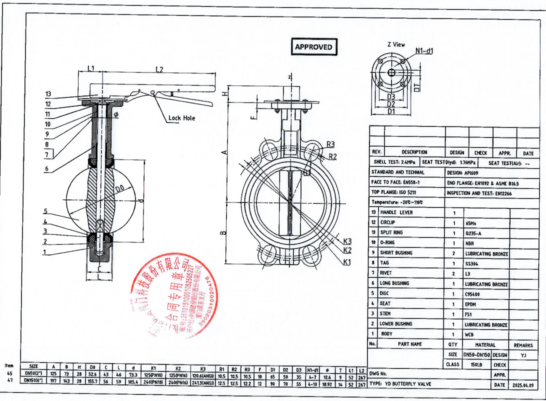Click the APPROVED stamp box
pos(313,47)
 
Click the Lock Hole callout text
pos(181,118)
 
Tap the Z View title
pos(396,44)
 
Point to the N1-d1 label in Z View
pos(424,51)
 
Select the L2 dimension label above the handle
pos(159,69)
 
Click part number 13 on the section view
pos(48,94)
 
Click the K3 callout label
pos(347,241)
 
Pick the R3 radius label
pos(330,144)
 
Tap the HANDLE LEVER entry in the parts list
pos(396,212)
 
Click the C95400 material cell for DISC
pos(472,293)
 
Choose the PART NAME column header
pos(409,344)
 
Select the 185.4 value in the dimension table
pos(133,380)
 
